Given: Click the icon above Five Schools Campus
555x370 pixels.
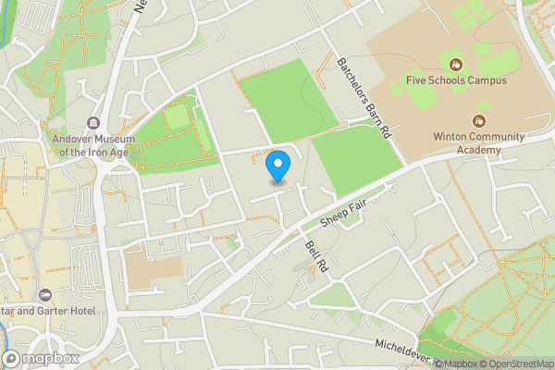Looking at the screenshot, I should click(456, 64).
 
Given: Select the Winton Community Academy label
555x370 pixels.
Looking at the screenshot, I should click(478, 142).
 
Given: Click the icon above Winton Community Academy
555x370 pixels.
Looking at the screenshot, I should click(478, 120).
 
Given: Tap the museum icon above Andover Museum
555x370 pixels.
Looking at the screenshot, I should click(93, 123).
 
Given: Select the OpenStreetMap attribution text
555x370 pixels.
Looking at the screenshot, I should click(516, 364).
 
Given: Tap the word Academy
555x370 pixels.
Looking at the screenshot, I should click(478, 150).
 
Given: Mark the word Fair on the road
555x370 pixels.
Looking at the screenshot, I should click(358, 203).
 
